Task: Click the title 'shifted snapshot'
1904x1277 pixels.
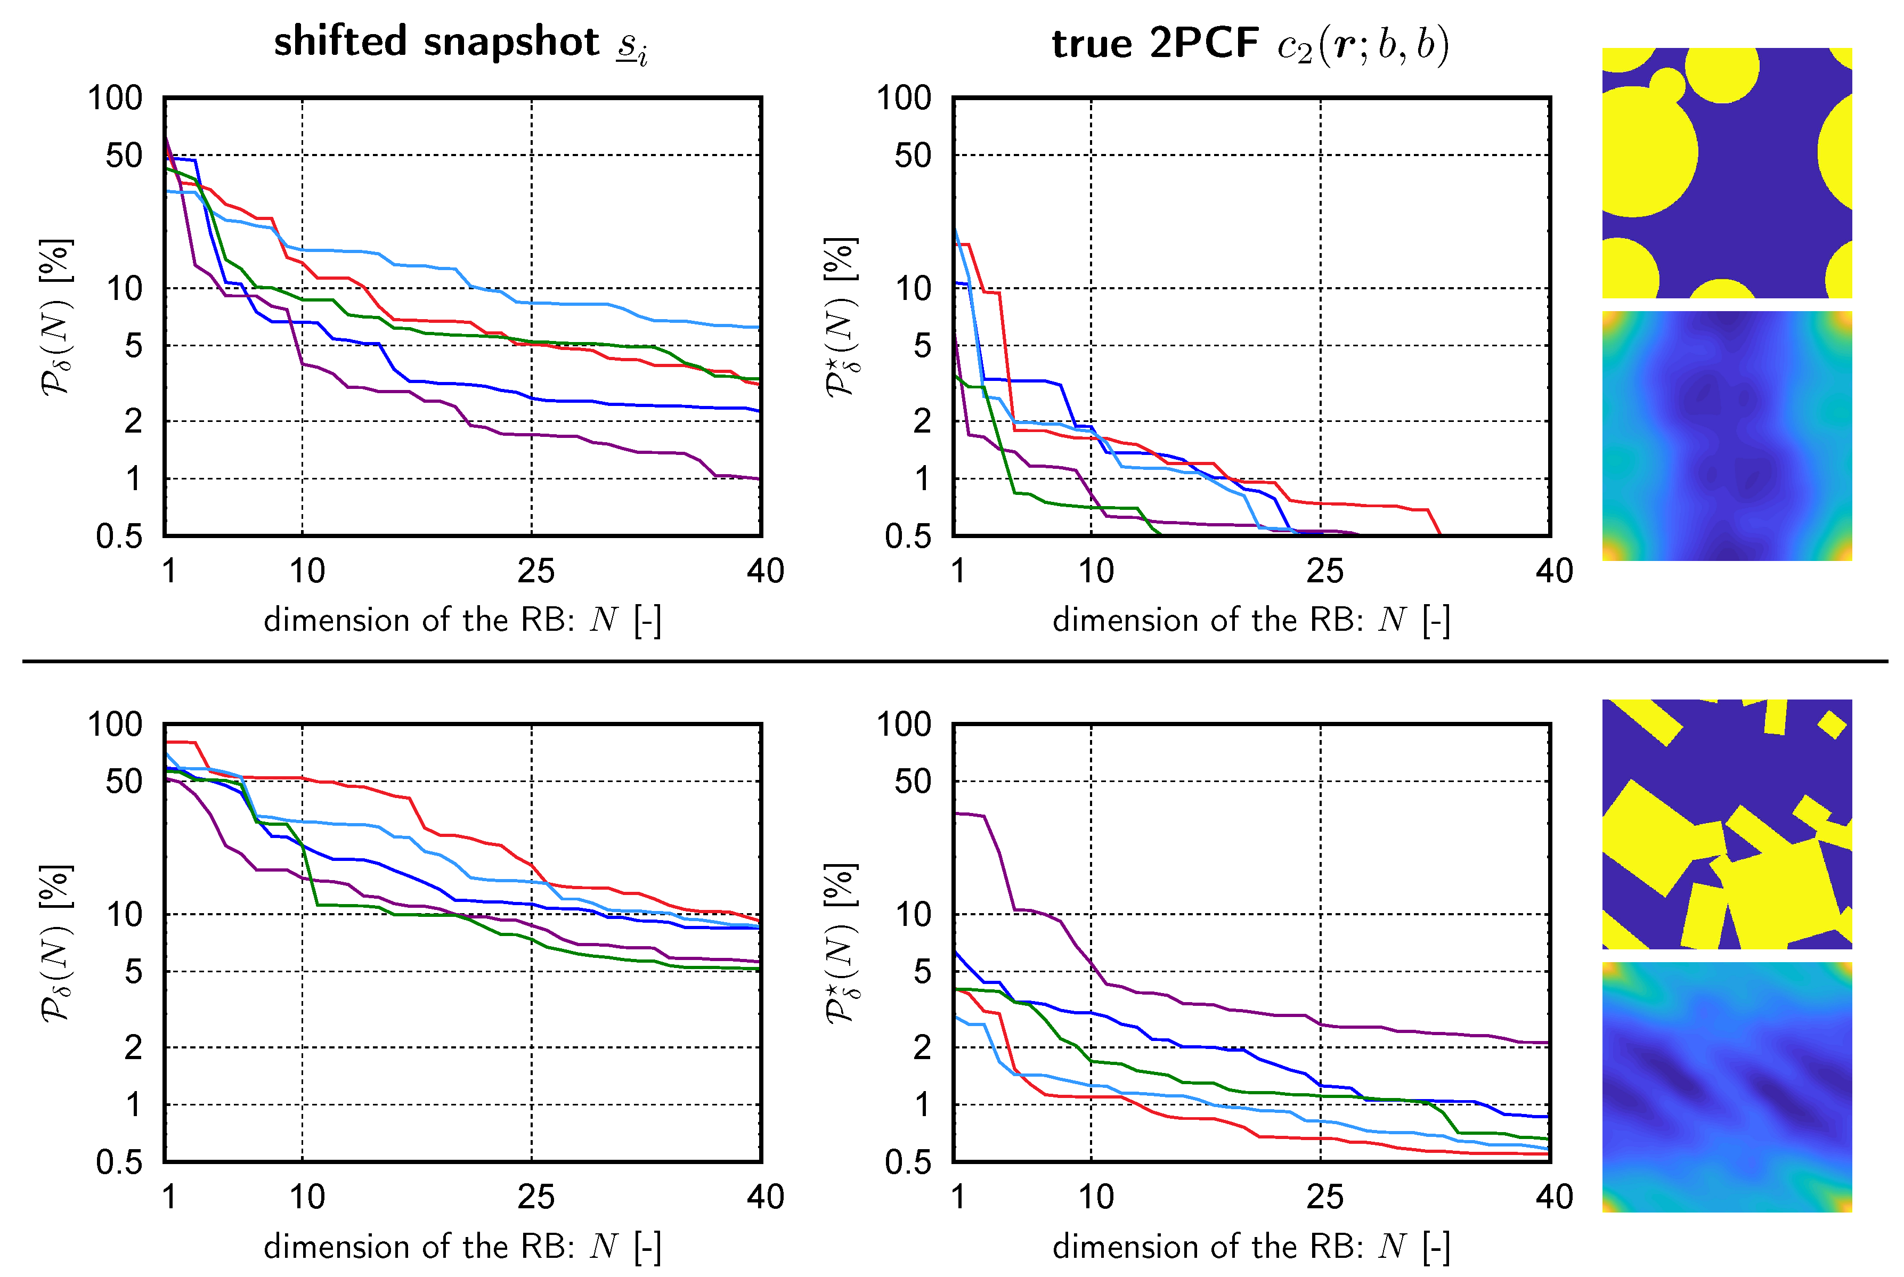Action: point(436,42)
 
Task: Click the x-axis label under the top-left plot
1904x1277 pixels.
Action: point(462,621)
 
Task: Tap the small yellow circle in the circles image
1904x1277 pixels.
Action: point(1667,84)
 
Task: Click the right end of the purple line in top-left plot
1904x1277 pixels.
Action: point(759,479)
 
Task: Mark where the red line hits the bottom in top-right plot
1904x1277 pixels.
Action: point(1440,534)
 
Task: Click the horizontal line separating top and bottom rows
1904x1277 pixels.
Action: point(953,661)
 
